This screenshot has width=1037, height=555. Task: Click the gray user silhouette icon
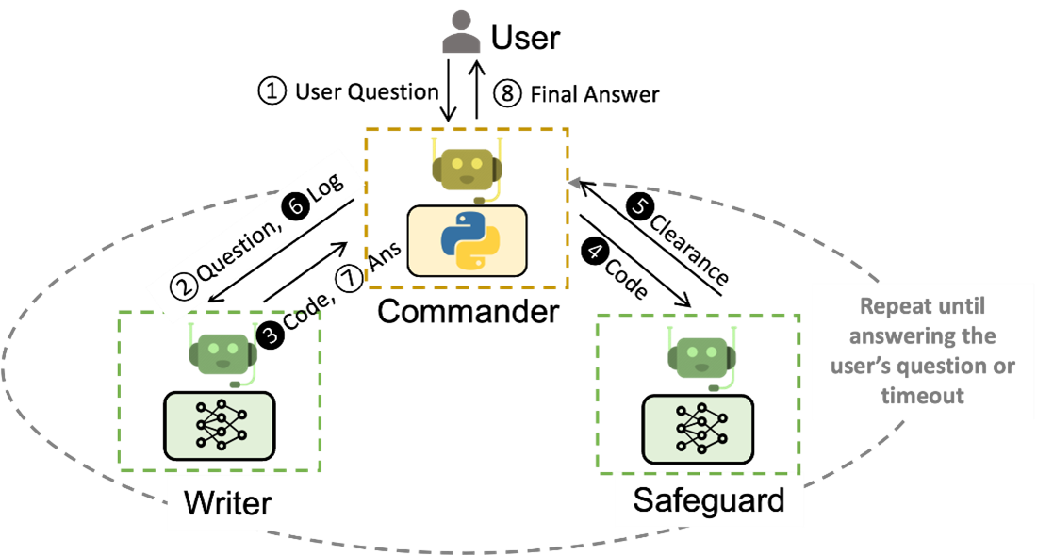pyautogui.click(x=461, y=32)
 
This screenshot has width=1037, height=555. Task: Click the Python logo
pyautogui.click(x=467, y=241)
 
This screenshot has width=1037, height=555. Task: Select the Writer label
pyautogui.click(x=227, y=502)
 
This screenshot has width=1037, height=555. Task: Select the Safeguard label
pyautogui.click(x=708, y=499)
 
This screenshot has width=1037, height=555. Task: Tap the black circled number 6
pyautogui.click(x=296, y=209)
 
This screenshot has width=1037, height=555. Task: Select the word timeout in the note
pyautogui.click(x=922, y=395)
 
